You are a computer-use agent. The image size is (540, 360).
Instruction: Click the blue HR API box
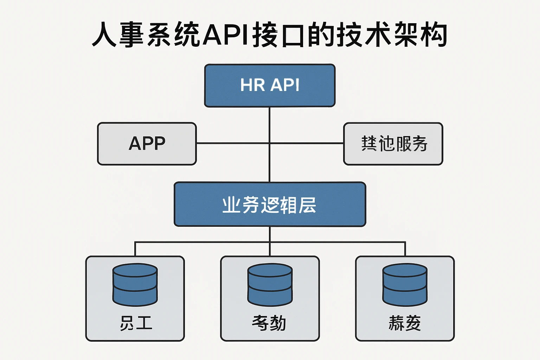270,85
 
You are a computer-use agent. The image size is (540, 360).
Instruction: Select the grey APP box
147,143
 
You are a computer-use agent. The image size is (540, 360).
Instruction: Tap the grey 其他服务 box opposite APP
393,143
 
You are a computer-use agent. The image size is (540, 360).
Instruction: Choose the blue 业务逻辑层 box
270,204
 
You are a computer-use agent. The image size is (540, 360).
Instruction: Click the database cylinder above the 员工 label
135,284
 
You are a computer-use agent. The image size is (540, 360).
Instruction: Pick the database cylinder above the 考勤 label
270,284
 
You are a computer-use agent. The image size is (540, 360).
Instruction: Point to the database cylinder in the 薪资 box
405,284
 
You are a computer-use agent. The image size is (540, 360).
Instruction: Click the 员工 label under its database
136,323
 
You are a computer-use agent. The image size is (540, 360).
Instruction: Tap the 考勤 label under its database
269,323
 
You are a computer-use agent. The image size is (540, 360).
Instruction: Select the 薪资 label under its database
405,323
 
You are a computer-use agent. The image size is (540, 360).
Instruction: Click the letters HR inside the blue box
252,85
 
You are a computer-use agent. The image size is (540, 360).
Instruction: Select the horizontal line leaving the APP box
232,143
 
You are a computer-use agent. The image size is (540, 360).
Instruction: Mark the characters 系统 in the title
174,35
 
